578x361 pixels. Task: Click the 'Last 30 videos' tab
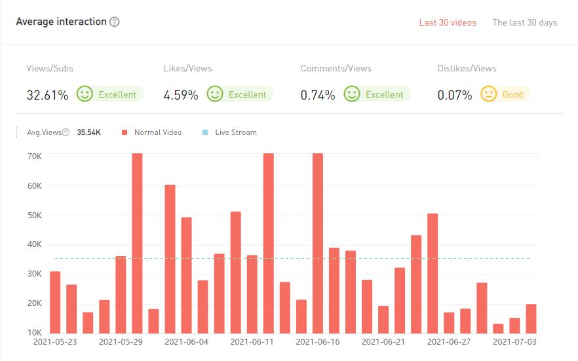(448, 22)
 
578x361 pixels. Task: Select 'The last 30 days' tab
(524, 22)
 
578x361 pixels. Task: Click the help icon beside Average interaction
(115, 22)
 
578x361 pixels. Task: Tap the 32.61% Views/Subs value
(47, 95)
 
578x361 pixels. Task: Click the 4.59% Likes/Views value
(181, 95)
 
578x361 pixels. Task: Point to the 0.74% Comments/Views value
(318, 95)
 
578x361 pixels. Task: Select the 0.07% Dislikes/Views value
(455, 95)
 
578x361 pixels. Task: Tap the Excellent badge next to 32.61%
(109, 94)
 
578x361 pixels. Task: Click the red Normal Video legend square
(124, 132)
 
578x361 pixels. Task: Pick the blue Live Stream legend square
(205, 132)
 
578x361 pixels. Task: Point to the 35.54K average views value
(88, 132)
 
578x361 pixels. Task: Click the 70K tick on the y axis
(35, 157)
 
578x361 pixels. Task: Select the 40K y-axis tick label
(35, 244)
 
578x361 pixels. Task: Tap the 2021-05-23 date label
(55, 341)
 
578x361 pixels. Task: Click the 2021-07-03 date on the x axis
(514, 341)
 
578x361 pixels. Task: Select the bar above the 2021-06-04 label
(186, 275)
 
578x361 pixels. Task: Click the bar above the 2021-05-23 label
(55, 302)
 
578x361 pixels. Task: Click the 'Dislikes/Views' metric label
(467, 68)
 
